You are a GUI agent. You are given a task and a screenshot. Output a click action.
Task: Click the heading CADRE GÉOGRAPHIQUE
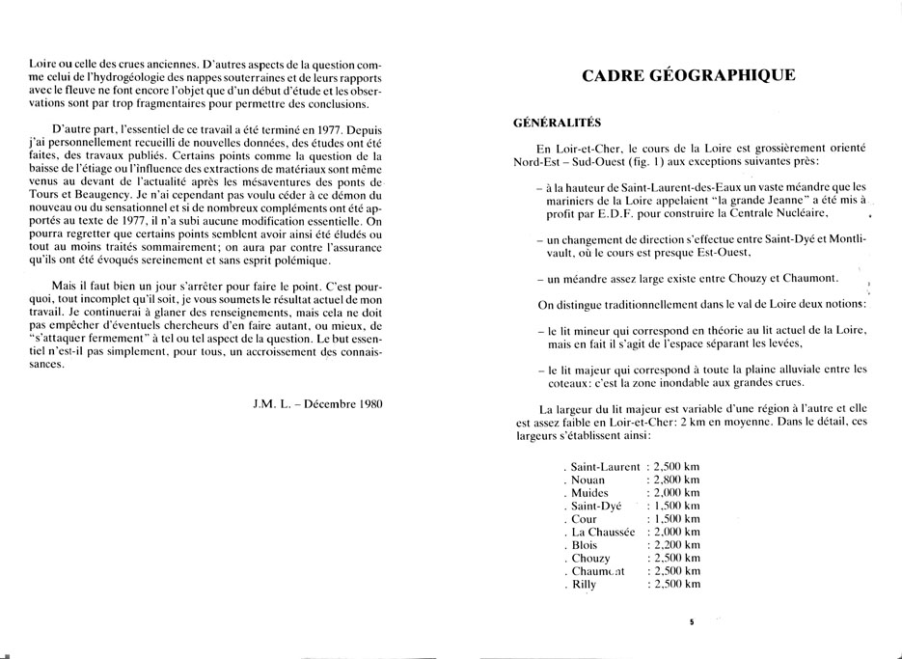tap(691, 75)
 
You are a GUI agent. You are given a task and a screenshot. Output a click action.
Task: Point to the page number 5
tap(692, 622)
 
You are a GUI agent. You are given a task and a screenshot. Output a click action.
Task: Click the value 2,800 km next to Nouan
tap(676, 480)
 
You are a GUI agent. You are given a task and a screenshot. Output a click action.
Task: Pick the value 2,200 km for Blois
tap(676, 545)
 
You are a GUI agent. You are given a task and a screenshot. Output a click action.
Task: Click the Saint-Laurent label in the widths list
tap(605, 467)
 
